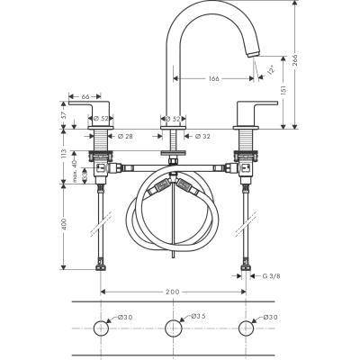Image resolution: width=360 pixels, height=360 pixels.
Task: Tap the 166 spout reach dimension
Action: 212,79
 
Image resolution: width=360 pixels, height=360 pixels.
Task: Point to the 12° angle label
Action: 270,67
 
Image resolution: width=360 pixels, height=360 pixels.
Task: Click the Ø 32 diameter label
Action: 202,137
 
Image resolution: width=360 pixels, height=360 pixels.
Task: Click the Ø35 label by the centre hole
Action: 198,317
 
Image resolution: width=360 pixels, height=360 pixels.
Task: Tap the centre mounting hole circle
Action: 173,328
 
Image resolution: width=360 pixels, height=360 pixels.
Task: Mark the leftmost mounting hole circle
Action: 101,328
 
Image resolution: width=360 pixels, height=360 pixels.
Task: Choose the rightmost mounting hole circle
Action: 245,328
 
